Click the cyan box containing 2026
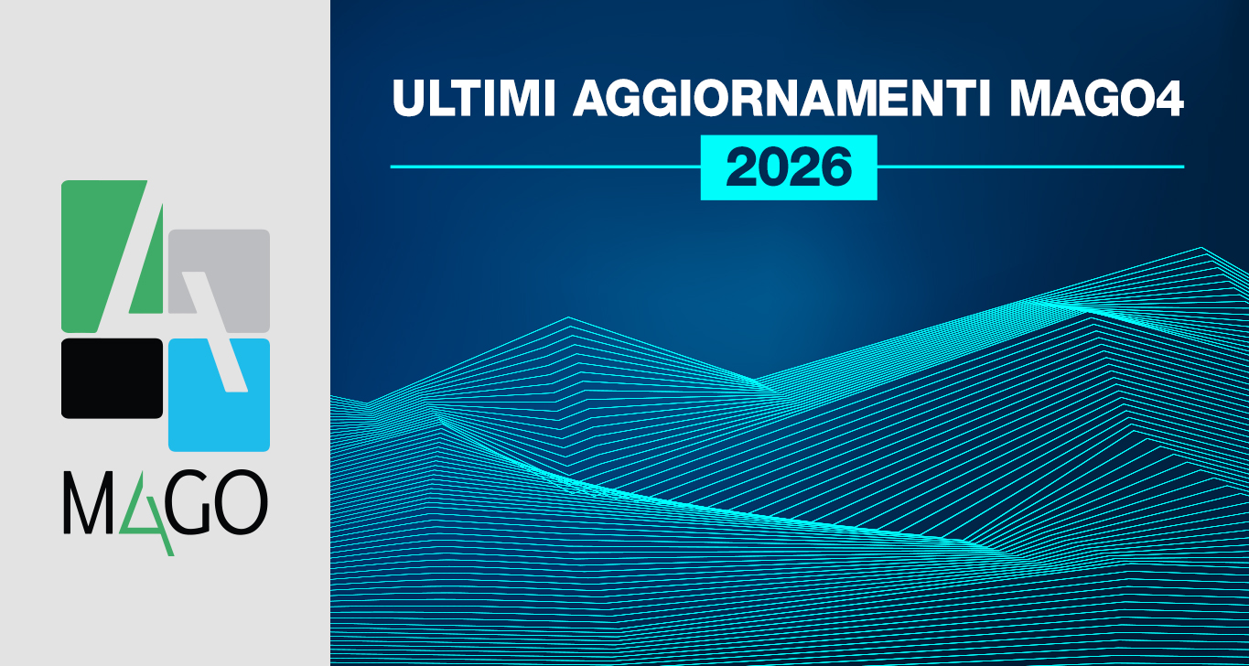coord(789,167)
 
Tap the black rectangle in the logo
coord(112,378)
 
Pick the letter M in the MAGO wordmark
coord(88,504)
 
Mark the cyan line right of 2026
coord(1030,167)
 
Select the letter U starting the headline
coord(409,98)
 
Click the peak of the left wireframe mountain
coord(568,318)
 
